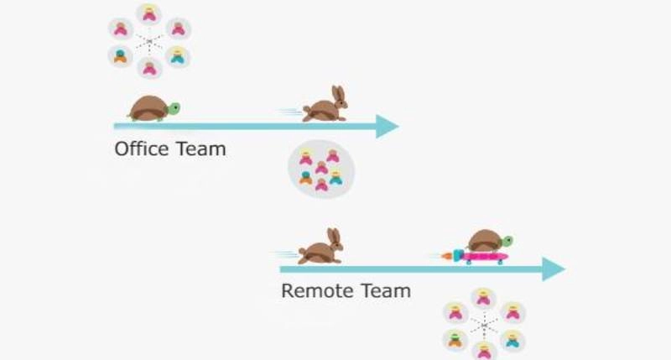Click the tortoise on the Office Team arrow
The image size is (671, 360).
(151, 109)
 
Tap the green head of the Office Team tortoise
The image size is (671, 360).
(174, 107)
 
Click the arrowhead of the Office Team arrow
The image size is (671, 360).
(387, 126)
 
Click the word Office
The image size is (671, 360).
(141, 149)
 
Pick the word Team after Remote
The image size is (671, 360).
(382, 291)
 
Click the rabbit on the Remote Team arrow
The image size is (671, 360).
(320, 249)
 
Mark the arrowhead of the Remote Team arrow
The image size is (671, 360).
(554, 269)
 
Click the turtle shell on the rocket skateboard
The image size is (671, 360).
(484, 240)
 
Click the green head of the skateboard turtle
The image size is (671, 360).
(507, 241)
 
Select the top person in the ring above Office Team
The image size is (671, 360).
(149, 14)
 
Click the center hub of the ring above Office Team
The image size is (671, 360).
(149, 40)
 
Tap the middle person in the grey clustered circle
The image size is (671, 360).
(321, 169)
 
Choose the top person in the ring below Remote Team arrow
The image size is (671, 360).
(484, 298)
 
